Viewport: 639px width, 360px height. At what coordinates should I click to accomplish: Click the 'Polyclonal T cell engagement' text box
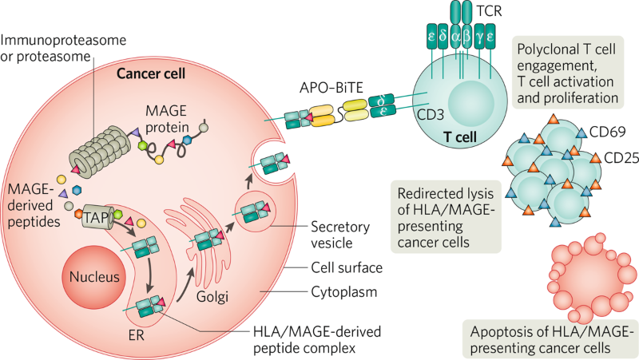(568, 73)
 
